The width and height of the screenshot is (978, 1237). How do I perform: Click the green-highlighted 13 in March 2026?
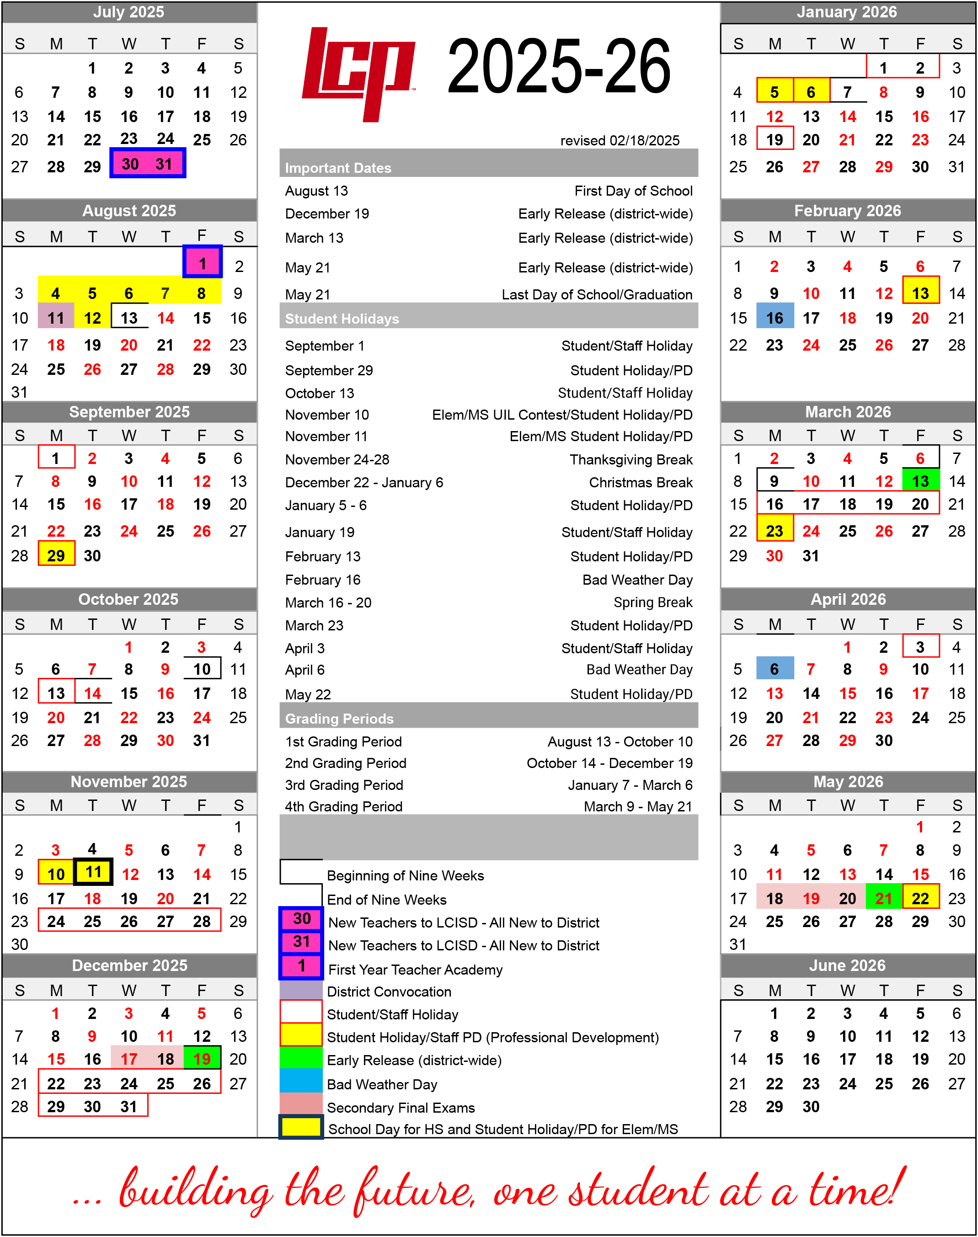click(x=920, y=481)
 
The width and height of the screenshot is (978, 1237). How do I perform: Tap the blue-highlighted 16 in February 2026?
click(x=775, y=318)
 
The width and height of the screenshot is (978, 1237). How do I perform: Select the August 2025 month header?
click(x=129, y=211)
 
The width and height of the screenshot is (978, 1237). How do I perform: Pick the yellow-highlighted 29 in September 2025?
click(x=56, y=555)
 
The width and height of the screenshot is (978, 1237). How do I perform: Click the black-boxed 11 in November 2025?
click(x=93, y=872)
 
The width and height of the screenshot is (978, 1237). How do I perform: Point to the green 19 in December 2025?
click(x=202, y=1059)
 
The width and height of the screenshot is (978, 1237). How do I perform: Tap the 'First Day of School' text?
click(x=633, y=191)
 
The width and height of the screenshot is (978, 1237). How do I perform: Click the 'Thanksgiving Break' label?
click(x=631, y=460)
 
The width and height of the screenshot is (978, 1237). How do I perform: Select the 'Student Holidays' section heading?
click(x=342, y=319)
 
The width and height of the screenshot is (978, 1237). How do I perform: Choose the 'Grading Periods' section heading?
click(x=339, y=719)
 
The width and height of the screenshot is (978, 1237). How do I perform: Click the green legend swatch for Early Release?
click(x=300, y=1060)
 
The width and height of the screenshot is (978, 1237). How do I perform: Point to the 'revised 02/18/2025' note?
click(x=620, y=140)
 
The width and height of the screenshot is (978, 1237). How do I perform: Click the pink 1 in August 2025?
click(x=202, y=263)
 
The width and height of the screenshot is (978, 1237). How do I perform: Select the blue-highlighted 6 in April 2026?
click(x=775, y=669)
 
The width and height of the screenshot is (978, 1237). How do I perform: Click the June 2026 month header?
click(x=847, y=965)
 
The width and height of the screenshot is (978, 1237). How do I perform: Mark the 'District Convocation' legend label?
click(x=389, y=992)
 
